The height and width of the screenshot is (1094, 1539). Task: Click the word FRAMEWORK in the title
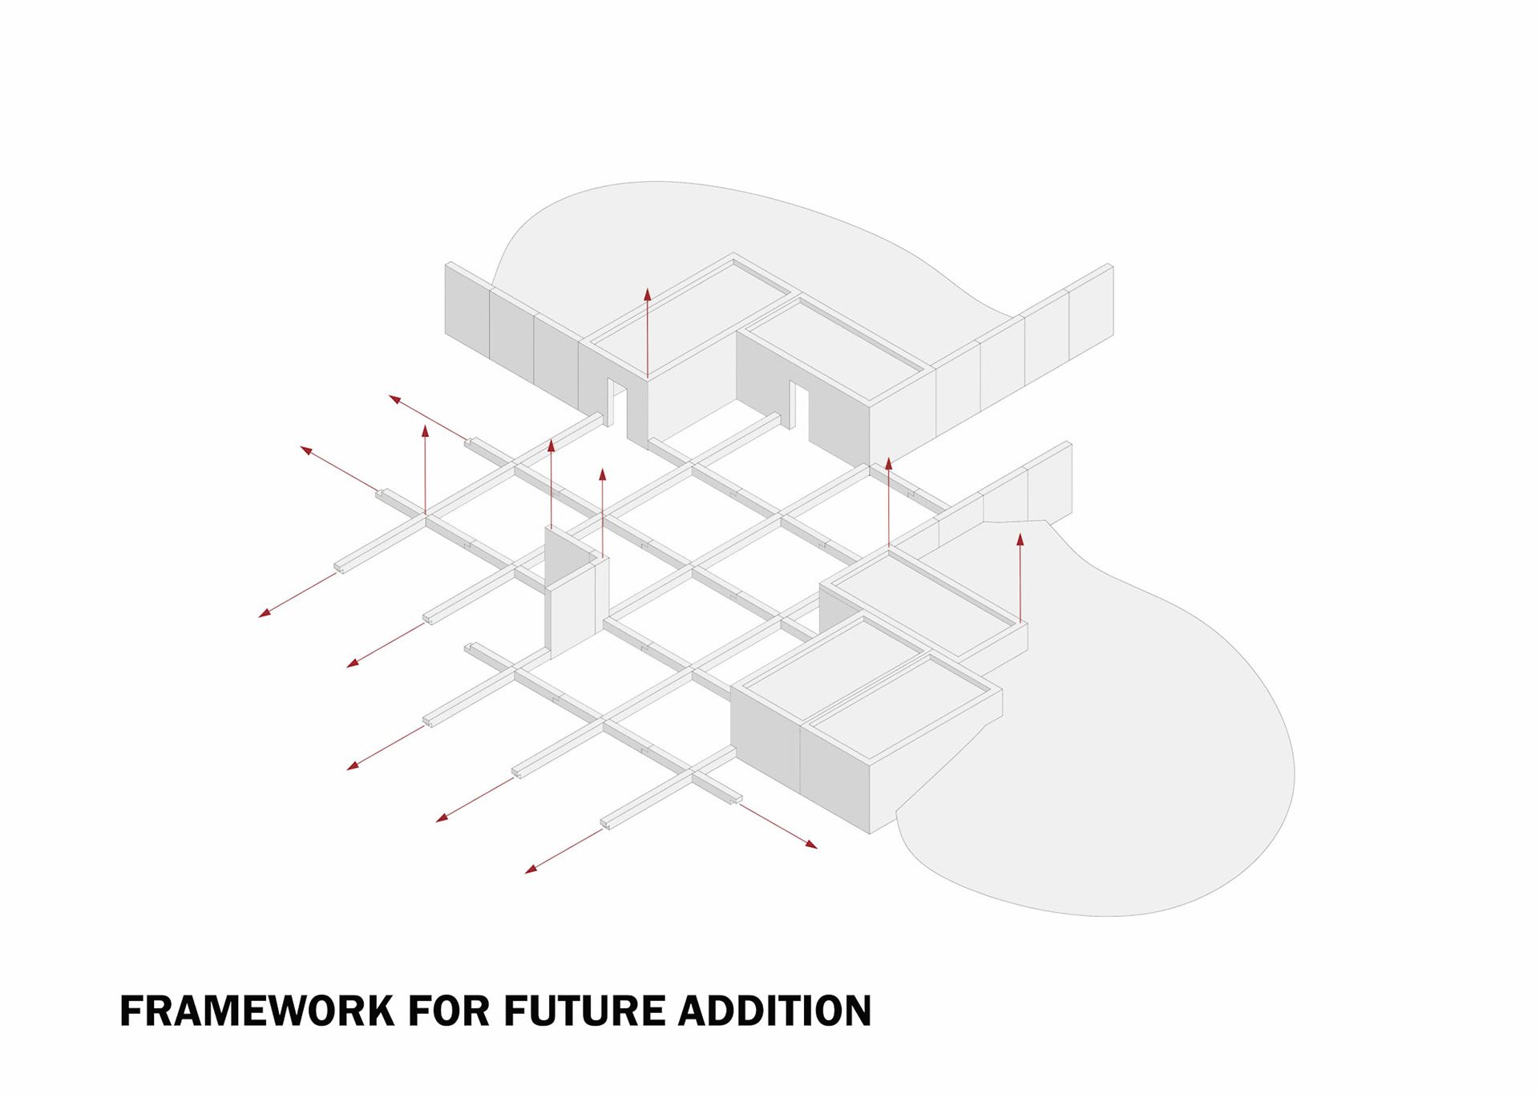[x=256, y=1011]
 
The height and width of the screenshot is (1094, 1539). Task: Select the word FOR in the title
[x=449, y=1011]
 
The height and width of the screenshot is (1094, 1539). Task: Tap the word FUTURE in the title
[x=584, y=1011]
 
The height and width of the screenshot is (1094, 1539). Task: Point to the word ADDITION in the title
[x=775, y=1011]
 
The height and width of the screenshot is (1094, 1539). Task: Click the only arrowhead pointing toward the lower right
[x=812, y=845]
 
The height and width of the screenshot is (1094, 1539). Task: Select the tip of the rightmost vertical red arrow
[x=1020, y=538]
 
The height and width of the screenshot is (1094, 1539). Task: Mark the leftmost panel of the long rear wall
[x=467, y=313]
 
